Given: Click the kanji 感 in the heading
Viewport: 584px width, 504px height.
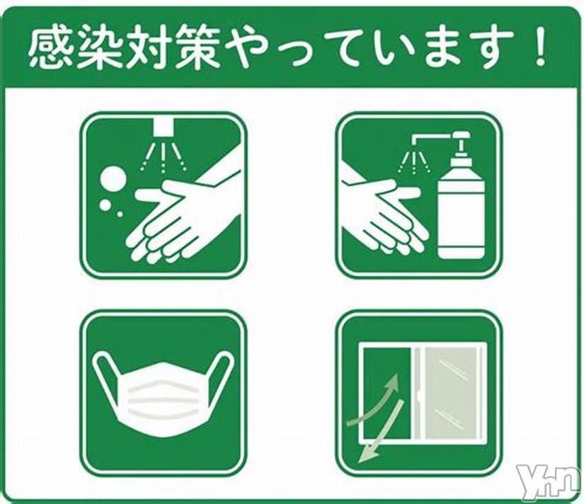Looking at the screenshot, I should (50, 47).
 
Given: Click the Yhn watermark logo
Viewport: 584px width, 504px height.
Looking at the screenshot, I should (549, 483).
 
